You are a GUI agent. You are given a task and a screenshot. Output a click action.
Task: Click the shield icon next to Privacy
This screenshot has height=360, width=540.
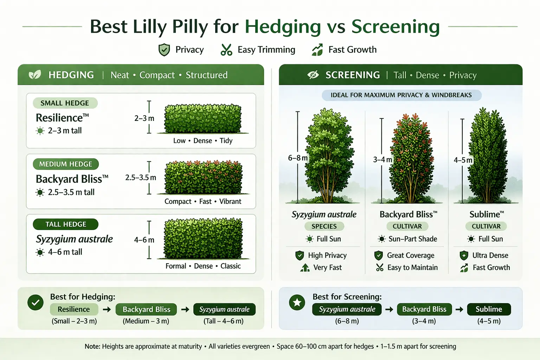[164, 50]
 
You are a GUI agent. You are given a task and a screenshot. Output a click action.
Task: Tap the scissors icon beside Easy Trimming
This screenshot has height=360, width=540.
[226, 50]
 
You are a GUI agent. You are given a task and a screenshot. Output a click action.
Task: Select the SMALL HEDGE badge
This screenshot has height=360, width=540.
[65, 103]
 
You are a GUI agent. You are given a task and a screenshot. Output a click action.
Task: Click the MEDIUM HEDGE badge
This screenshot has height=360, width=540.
[66, 164]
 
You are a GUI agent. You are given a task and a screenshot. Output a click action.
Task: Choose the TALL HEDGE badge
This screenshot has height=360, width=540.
[66, 224]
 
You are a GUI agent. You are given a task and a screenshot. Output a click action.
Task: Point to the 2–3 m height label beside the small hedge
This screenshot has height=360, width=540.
[144, 118]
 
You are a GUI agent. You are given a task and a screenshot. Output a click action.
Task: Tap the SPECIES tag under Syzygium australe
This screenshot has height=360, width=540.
[324, 226]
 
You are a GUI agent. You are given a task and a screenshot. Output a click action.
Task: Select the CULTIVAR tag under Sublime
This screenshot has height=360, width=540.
[486, 226]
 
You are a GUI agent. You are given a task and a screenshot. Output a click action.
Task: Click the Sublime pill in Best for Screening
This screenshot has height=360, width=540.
[489, 309]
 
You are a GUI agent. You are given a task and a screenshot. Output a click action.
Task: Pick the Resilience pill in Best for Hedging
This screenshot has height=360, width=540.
[74, 309]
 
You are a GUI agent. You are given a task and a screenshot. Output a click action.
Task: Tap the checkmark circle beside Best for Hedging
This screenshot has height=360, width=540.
[36, 302]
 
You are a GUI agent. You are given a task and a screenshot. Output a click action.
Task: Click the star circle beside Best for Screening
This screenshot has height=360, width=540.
[297, 302]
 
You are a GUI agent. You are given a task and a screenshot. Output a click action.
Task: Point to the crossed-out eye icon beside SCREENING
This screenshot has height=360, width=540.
[313, 75]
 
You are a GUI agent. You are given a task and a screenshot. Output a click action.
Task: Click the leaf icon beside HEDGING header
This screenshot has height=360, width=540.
[34, 75]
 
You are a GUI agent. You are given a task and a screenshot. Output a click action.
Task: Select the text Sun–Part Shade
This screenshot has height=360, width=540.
[413, 239]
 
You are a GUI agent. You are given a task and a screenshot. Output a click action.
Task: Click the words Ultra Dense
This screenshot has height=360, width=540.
[490, 256]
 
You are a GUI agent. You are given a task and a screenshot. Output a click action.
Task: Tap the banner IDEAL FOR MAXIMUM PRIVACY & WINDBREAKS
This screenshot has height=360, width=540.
[401, 95]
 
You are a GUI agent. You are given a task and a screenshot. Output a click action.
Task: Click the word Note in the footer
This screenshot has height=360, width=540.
[92, 347]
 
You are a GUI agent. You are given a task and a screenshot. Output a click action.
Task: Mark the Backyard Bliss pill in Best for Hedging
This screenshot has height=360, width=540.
[146, 309]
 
